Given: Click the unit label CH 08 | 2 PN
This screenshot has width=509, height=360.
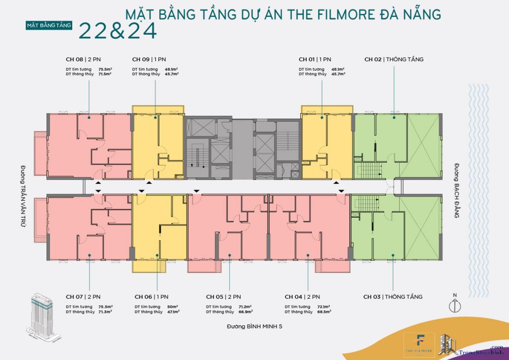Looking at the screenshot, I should (x=84, y=59).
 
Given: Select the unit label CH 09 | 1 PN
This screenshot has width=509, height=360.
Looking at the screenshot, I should (x=149, y=59).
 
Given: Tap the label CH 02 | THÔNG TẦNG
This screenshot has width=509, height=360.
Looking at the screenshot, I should (x=394, y=59).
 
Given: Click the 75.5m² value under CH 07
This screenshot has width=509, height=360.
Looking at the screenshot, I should (x=105, y=307).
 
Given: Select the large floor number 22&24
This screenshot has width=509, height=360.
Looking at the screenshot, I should (x=118, y=31).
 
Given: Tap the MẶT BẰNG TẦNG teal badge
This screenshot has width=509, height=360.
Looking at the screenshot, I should (x=49, y=24).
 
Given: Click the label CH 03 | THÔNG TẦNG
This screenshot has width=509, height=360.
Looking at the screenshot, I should (x=393, y=297).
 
